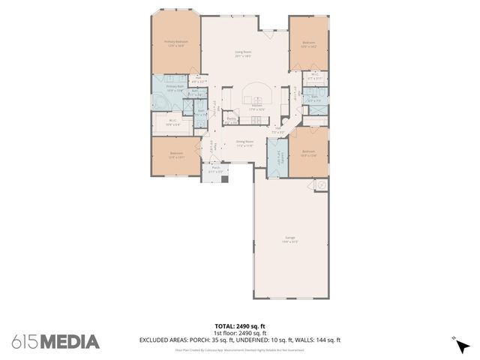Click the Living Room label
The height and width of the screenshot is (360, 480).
click(x=243, y=54)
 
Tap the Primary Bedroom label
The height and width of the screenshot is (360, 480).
click(x=176, y=43)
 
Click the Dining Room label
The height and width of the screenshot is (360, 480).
click(x=244, y=142)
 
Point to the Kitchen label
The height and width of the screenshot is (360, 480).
click(x=256, y=107)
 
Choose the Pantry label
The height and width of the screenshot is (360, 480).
click(x=232, y=120)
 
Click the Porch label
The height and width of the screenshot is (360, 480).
click(x=216, y=169)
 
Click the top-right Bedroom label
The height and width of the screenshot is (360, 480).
click(x=309, y=44)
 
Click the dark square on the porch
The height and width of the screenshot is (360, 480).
click(x=224, y=180)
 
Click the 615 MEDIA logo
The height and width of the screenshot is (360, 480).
click(x=55, y=342)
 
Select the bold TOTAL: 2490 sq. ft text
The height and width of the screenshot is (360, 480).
click(x=240, y=326)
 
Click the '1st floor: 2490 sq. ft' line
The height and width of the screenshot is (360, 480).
click(x=240, y=332)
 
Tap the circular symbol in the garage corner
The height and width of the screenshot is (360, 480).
click(x=321, y=184)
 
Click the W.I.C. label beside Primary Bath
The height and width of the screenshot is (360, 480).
click(x=172, y=122)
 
